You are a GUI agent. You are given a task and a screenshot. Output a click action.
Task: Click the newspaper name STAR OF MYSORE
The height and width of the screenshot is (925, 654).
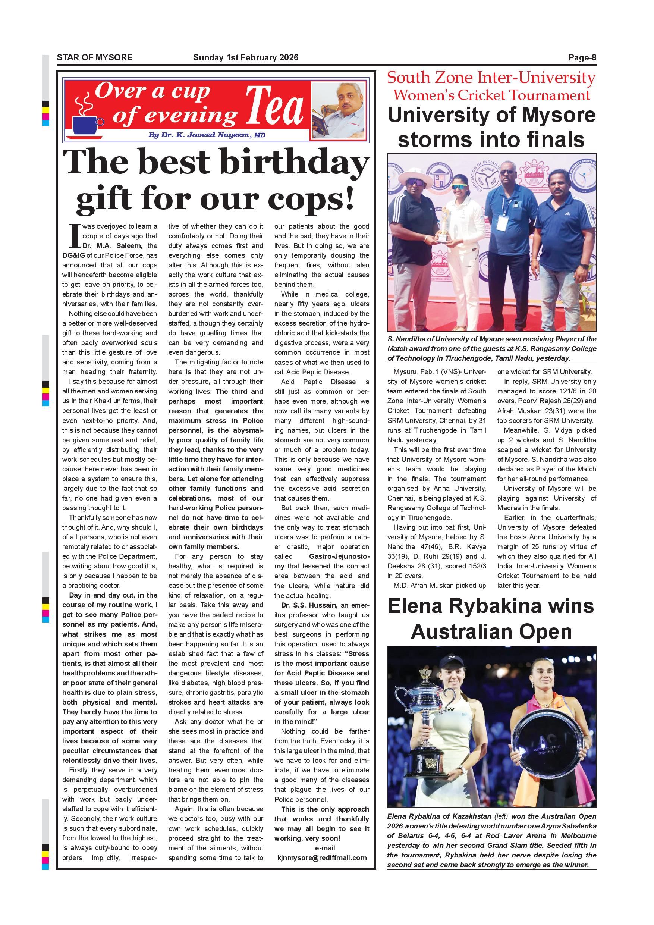[94, 57]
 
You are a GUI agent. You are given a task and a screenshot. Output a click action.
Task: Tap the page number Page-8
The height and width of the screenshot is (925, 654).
[582, 57]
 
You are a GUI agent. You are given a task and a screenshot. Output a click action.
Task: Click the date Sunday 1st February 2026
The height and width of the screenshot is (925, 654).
[246, 57]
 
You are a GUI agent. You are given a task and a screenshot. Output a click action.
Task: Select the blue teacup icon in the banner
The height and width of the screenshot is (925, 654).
[85, 125]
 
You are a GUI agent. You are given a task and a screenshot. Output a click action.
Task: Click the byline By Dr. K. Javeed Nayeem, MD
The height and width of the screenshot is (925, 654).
[207, 135]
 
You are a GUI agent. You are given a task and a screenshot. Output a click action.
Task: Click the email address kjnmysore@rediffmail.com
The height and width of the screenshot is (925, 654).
[322, 858]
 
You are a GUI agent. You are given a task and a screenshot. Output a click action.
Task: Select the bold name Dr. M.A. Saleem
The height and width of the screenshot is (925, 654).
[112, 245]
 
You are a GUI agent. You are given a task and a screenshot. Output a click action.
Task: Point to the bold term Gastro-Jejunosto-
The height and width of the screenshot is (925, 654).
[339, 556]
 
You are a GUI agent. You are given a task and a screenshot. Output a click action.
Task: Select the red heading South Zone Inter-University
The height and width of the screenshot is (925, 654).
[491, 78]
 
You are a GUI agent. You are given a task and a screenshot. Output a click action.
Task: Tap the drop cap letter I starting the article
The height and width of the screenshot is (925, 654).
[74, 236]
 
